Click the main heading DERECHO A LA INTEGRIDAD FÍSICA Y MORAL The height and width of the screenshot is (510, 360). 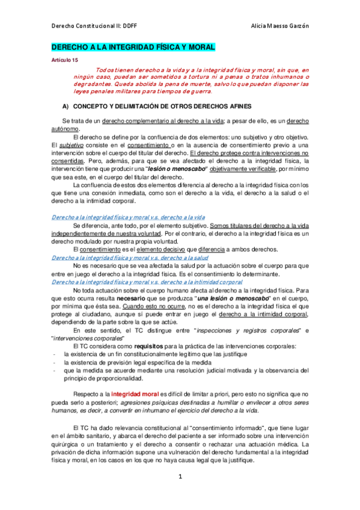[132, 47]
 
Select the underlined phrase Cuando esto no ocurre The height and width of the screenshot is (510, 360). [141, 306]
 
